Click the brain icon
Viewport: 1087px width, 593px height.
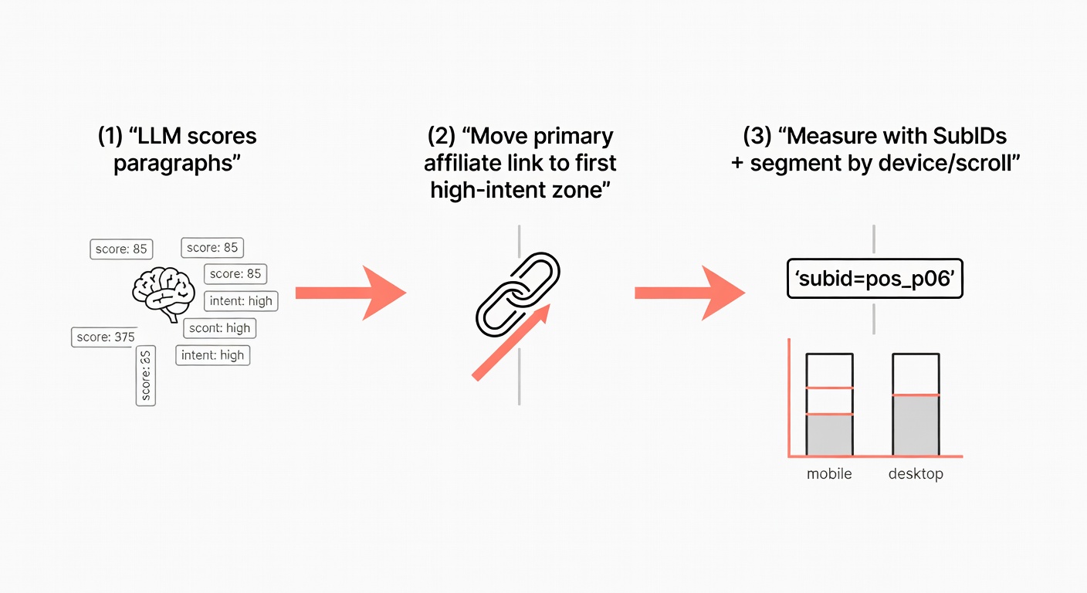pyautogui.click(x=163, y=293)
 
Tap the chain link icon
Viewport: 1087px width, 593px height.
pyautogui.click(x=517, y=293)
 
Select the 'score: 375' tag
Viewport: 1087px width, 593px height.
pyautogui.click(x=104, y=337)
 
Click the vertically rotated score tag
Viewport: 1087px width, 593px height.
pyautogui.click(x=145, y=376)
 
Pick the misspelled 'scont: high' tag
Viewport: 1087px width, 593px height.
pyautogui.click(x=220, y=327)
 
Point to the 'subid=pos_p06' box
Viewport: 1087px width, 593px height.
pyautogui.click(x=875, y=280)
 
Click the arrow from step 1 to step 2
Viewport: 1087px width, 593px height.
pyautogui.click(x=350, y=293)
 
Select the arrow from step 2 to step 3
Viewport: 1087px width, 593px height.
pyautogui.click(x=689, y=293)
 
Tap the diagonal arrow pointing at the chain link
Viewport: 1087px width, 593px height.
pyautogui.click(x=510, y=343)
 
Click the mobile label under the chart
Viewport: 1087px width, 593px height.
pyautogui.click(x=829, y=473)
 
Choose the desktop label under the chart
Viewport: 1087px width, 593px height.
pyautogui.click(x=916, y=473)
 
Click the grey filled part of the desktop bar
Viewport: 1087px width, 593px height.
pyautogui.click(x=916, y=425)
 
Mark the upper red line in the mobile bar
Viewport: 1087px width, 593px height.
pyautogui.click(x=829, y=388)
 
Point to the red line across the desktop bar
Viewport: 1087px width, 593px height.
pyautogui.click(x=916, y=395)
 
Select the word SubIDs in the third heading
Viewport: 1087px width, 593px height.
pyautogui.click(x=969, y=137)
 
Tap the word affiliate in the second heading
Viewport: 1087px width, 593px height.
pyautogui.click(x=462, y=163)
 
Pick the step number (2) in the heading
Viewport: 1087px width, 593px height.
pyautogui.click(x=441, y=137)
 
